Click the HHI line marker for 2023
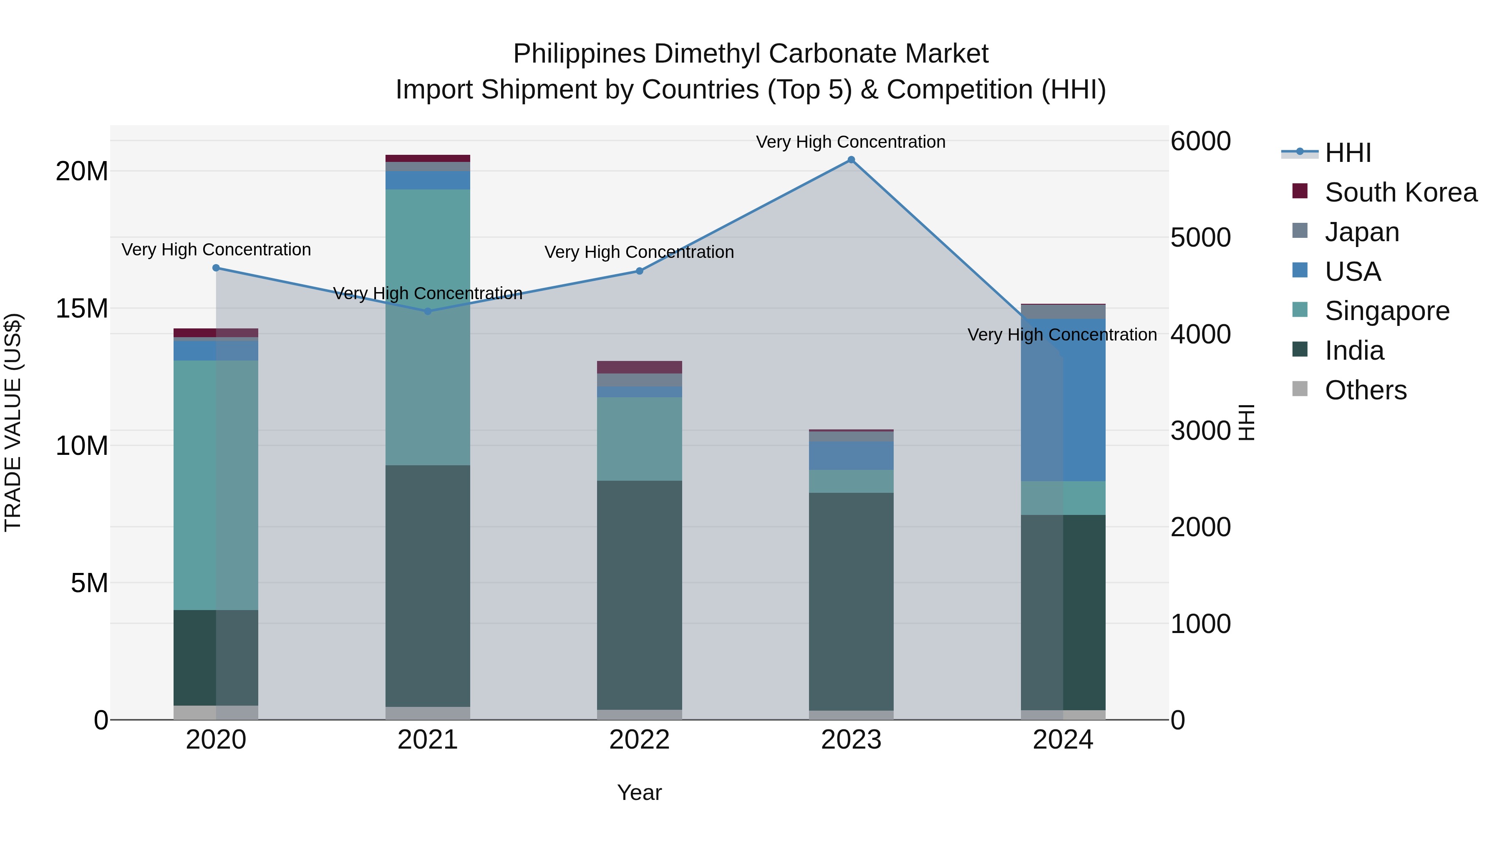(x=851, y=160)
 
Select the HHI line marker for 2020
(x=216, y=267)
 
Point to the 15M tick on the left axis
(x=82, y=308)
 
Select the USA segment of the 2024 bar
(x=1063, y=400)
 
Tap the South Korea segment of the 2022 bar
(x=639, y=367)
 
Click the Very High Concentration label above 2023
(x=851, y=142)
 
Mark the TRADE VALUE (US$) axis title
(x=13, y=422)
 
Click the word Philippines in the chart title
(x=579, y=54)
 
